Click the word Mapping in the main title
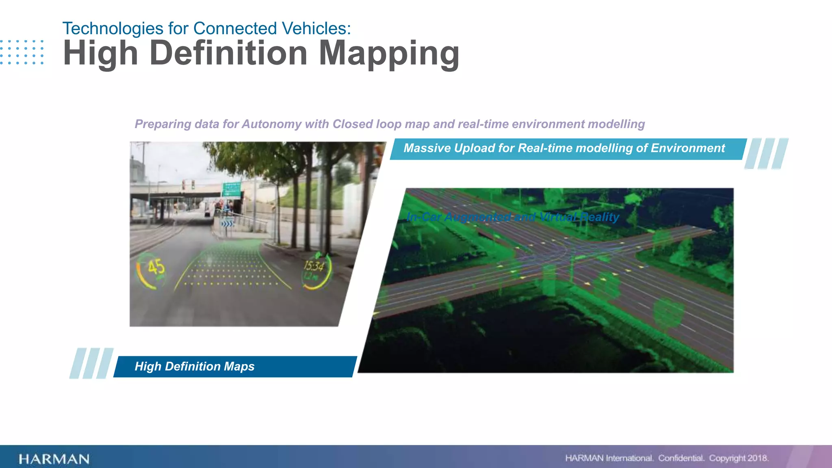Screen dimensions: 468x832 (x=389, y=54)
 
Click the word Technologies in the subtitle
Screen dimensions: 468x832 (x=113, y=28)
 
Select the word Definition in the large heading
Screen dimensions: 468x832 (x=228, y=54)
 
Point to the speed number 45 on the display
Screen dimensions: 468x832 (x=156, y=267)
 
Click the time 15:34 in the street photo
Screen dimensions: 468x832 (x=314, y=266)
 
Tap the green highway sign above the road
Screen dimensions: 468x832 (x=232, y=190)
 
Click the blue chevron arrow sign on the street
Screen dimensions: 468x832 (x=227, y=223)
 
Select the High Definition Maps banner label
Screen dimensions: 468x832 (x=195, y=366)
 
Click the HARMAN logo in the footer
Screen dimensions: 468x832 (x=54, y=459)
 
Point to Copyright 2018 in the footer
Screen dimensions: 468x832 (x=738, y=458)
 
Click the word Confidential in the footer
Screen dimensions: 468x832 (x=681, y=458)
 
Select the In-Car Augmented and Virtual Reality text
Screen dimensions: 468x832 (x=513, y=217)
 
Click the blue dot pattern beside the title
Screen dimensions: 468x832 (x=22, y=52)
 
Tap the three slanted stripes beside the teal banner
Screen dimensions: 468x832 (x=766, y=154)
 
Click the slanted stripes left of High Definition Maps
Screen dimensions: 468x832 (x=91, y=363)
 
